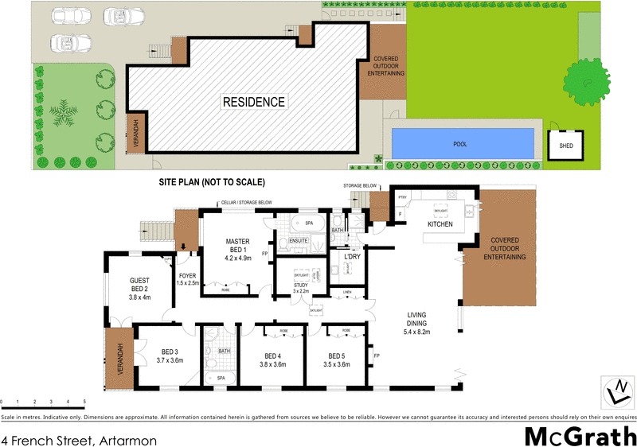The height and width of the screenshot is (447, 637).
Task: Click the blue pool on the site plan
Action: (463, 144)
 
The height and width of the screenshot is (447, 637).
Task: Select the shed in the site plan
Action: (566, 146)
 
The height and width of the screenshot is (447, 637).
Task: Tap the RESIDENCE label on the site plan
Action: (253, 102)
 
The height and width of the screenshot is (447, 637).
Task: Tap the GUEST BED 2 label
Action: (140, 288)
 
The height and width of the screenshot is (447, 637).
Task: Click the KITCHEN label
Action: (440, 225)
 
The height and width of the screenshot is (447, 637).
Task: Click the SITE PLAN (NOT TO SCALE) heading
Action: (211, 183)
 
